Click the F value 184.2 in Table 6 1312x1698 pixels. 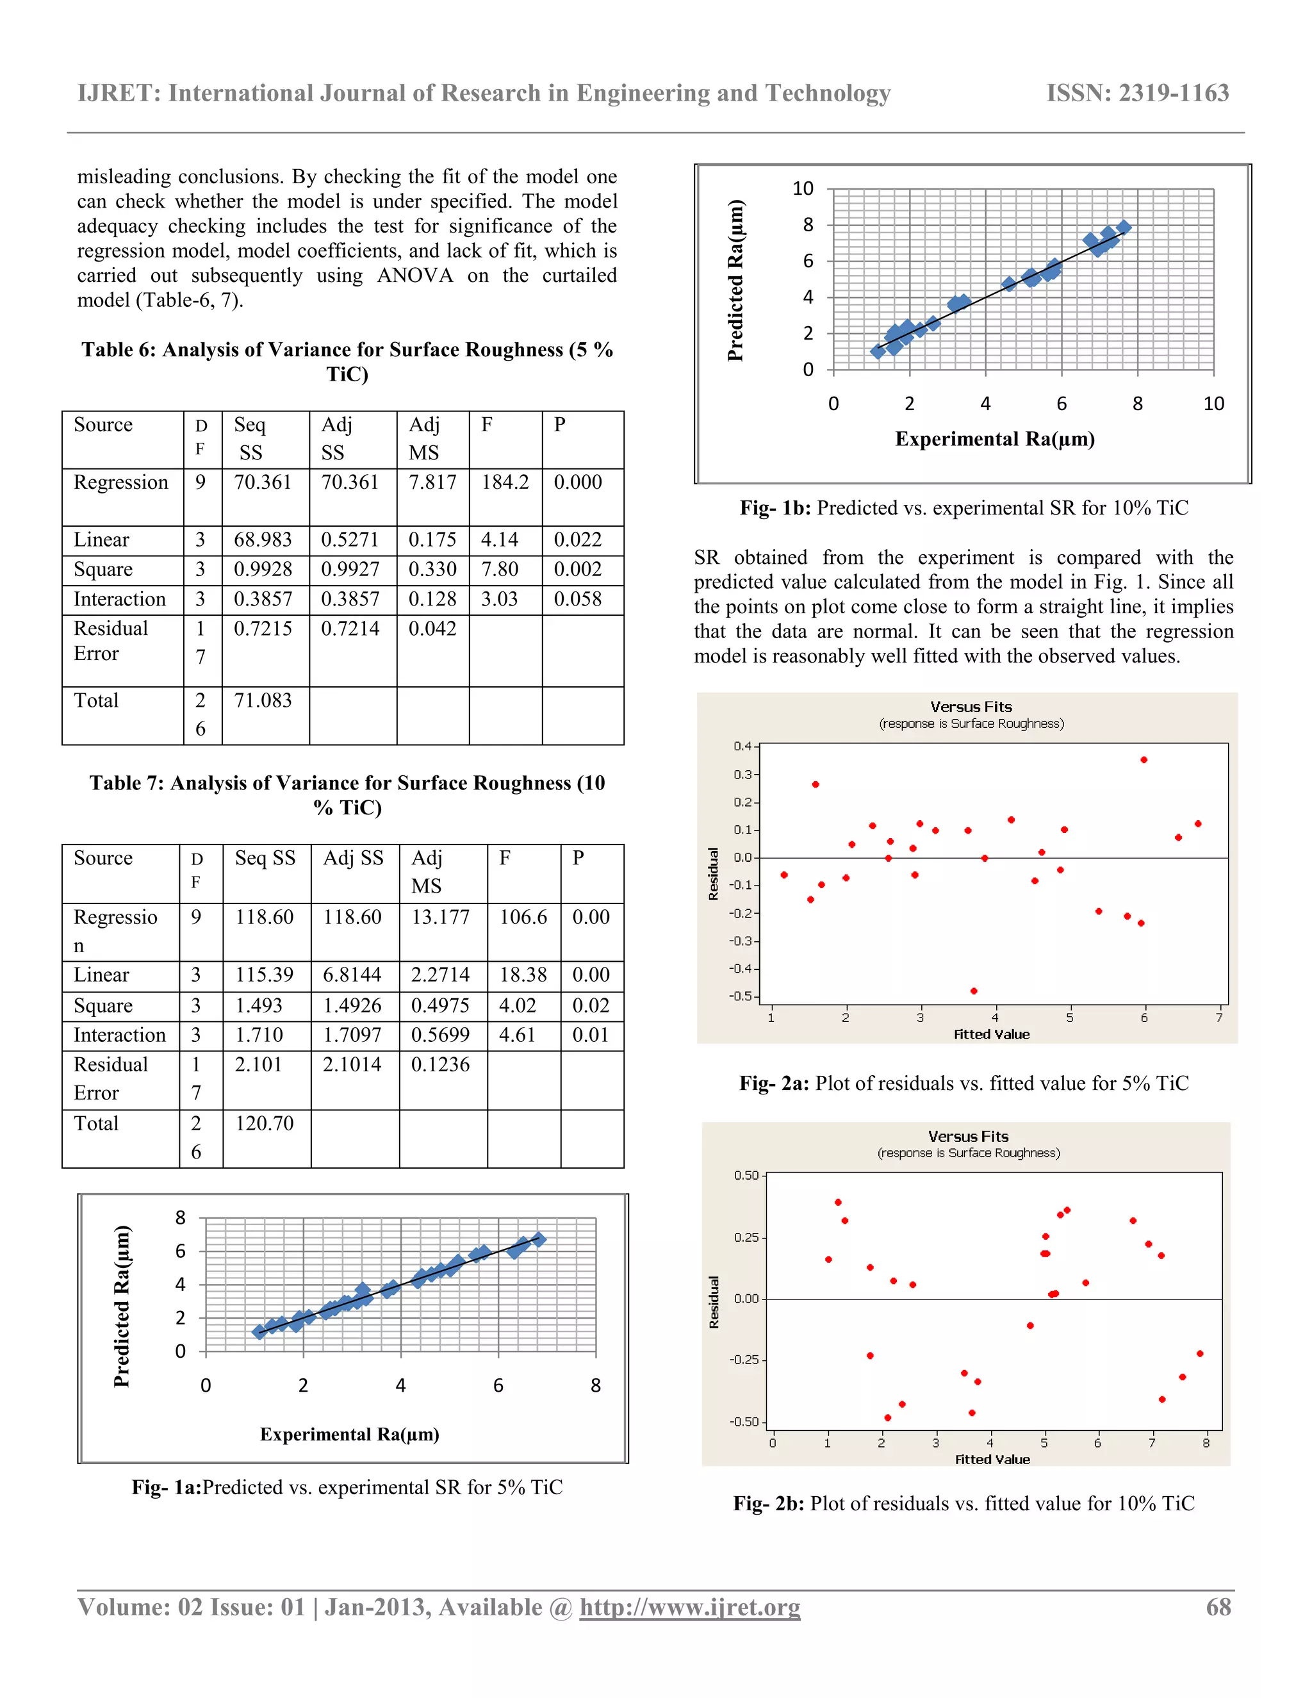point(504,483)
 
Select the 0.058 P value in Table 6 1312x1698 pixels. point(577,600)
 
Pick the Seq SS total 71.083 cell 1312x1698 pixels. point(263,700)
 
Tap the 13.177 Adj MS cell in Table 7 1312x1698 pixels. point(440,918)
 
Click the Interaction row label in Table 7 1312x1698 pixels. point(120,1035)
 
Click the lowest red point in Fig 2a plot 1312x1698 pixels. point(974,991)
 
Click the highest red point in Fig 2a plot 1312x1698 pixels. point(1144,759)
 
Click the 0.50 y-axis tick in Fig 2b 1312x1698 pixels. point(746,1176)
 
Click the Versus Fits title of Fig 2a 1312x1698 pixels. point(971,707)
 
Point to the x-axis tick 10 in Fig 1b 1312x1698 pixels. point(1213,404)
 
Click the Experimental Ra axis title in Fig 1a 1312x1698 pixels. point(349,1435)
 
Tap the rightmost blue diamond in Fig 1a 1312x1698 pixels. point(538,1239)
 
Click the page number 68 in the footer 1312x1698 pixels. point(1218,1607)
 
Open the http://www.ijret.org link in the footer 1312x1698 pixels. point(689,1607)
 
